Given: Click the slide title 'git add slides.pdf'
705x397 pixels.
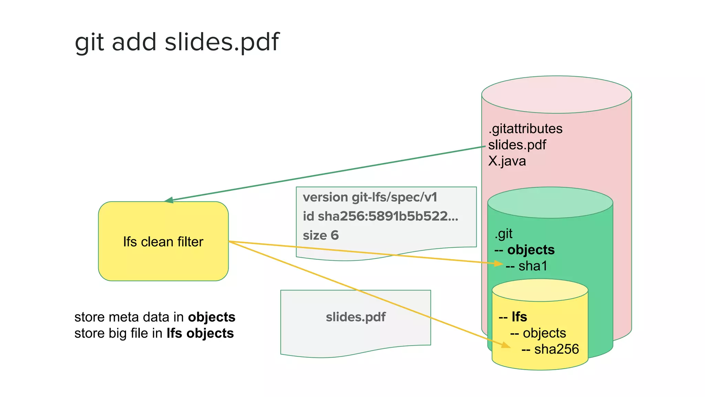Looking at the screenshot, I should (x=177, y=42).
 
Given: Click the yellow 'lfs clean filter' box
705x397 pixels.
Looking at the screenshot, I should (x=163, y=241).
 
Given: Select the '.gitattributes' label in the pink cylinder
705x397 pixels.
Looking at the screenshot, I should (x=525, y=129).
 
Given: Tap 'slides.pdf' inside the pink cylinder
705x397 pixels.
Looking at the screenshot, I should (x=517, y=145).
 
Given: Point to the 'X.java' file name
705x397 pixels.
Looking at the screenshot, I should (x=507, y=161).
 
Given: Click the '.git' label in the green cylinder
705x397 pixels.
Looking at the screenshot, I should (x=503, y=234).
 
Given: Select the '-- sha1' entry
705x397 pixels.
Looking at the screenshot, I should (x=526, y=266).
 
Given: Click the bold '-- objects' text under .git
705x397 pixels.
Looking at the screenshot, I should (x=525, y=250).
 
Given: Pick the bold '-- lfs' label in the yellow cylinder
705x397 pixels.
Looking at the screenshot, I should (x=513, y=317).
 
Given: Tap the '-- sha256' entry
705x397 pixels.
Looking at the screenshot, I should (x=550, y=349).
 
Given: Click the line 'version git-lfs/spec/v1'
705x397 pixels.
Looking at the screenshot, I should (x=370, y=197).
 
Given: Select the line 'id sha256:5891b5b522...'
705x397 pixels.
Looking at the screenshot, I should (x=380, y=216).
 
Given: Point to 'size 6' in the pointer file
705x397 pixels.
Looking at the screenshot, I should (x=320, y=235).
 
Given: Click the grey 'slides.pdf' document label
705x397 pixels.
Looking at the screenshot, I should (x=356, y=317).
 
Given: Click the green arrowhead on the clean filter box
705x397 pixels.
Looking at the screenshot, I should (x=169, y=200).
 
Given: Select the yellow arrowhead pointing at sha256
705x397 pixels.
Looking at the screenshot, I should (x=506, y=345).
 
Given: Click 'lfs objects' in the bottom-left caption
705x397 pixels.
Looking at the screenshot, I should (x=200, y=333).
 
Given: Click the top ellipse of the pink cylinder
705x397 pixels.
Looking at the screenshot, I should (x=556, y=94).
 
